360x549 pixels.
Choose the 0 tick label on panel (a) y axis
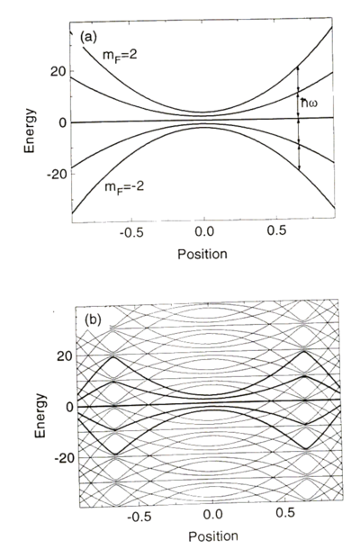click(63, 121)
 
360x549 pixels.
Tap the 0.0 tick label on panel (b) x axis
click(212, 518)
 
